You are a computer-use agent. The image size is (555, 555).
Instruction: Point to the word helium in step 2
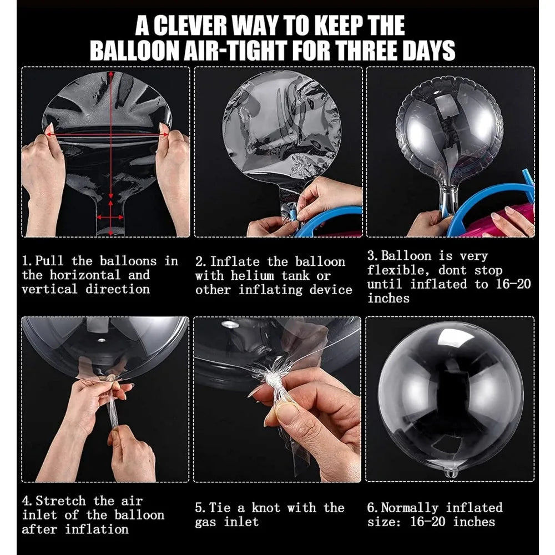pos(253,276)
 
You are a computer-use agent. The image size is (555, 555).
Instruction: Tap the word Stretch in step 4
pos(60,501)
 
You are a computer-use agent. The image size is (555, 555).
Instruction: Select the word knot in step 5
pos(265,508)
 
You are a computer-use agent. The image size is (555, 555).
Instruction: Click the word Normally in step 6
pos(410,508)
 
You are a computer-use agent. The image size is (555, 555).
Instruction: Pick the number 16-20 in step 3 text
pos(513,284)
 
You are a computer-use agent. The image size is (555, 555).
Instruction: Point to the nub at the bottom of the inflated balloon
pos(450,472)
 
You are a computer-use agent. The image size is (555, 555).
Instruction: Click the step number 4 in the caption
pos(26,501)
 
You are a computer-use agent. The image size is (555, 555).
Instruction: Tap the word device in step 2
pos(331,290)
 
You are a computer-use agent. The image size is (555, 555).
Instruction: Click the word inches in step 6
pos(475,522)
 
